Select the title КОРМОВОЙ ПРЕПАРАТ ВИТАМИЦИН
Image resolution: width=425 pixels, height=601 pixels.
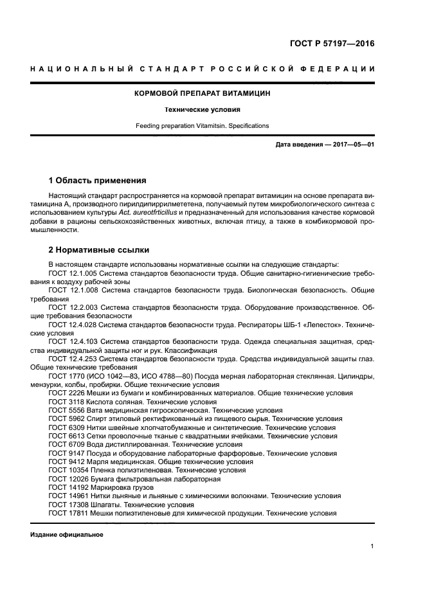pos(203,93)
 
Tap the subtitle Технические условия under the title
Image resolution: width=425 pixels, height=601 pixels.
pos(203,109)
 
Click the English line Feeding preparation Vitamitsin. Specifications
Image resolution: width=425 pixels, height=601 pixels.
pos(203,125)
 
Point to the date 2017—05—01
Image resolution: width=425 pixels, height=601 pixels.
pos(353,145)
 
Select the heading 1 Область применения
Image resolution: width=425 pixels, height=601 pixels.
pos(98,180)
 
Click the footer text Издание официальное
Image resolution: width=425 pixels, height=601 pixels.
pos(67,535)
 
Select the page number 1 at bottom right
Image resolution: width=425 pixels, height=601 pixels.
pos(372,546)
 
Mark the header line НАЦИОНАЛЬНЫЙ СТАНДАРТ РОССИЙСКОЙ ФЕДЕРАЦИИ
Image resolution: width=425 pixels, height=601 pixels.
pos(203,69)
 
